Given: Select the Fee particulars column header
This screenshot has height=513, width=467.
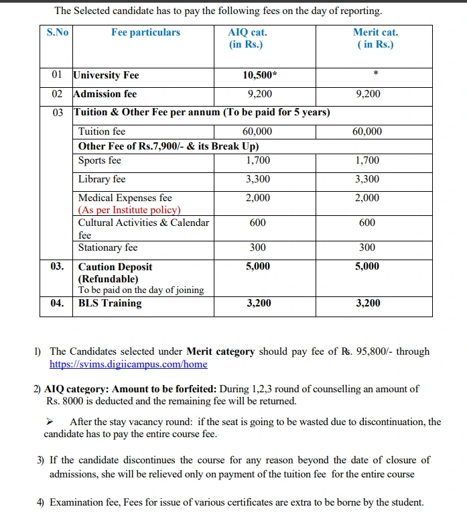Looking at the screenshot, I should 145,32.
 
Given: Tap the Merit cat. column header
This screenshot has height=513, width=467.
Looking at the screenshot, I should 375,38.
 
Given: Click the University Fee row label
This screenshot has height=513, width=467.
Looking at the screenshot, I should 106,75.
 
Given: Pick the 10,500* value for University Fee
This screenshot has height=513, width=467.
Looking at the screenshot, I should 259,75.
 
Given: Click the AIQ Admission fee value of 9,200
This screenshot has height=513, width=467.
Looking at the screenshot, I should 259,94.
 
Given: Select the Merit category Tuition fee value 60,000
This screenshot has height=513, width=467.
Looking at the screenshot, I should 367,131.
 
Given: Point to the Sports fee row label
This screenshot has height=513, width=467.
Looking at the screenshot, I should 100,160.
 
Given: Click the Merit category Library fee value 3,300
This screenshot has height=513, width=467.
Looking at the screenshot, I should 367,179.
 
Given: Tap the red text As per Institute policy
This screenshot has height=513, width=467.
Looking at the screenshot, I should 129,210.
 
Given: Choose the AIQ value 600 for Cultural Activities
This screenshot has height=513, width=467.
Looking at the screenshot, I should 257,223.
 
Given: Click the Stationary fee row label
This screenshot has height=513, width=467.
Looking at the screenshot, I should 108,247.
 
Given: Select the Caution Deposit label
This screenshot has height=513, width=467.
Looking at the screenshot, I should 115,267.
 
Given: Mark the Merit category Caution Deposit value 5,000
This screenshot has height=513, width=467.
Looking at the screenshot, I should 367,266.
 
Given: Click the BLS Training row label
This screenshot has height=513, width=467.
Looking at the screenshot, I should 110,303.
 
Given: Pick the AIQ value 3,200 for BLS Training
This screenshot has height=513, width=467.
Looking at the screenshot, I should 259,303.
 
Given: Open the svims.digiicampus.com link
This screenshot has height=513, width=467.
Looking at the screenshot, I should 129,364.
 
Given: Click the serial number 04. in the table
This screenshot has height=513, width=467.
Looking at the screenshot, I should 58,303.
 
